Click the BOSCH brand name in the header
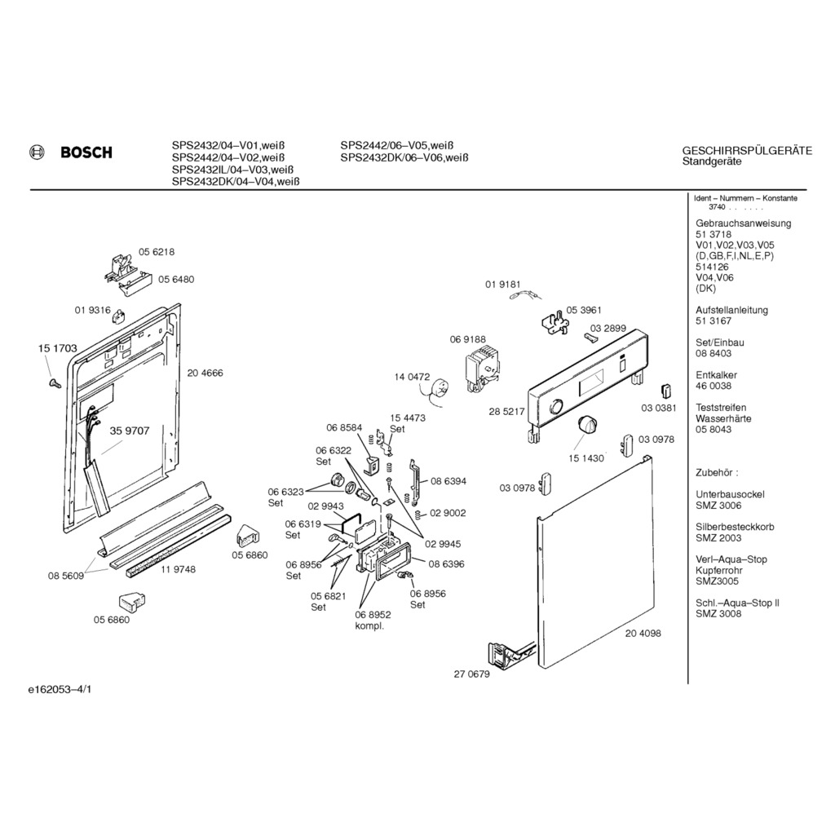[x=86, y=152]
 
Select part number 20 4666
[x=205, y=373]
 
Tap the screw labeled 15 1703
[x=55, y=382]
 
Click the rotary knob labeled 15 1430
[x=586, y=425]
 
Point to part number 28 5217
[x=506, y=412]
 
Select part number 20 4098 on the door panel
[x=643, y=634]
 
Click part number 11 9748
[x=178, y=570]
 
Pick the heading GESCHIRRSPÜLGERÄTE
[x=747, y=151]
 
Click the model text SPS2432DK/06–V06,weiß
[x=404, y=157]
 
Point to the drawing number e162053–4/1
[x=60, y=690]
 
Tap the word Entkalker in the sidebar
[x=716, y=375]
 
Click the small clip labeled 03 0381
[x=665, y=391]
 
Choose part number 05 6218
[x=157, y=252]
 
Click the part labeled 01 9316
[x=118, y=317]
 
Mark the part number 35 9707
[x=130, y=431]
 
